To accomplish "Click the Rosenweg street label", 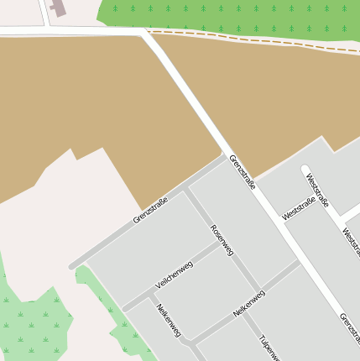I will (222, 240).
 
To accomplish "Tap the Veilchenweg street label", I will (175, 275).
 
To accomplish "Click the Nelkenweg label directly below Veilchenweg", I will (169, 320).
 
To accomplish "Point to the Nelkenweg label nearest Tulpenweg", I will (249, 303).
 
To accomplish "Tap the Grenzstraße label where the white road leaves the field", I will (243, 171).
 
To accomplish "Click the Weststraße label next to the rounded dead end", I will (317, 191).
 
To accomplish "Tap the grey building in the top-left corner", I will (58, 7).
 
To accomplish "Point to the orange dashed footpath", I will (252, 39).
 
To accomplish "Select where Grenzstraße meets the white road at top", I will (146, 32).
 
